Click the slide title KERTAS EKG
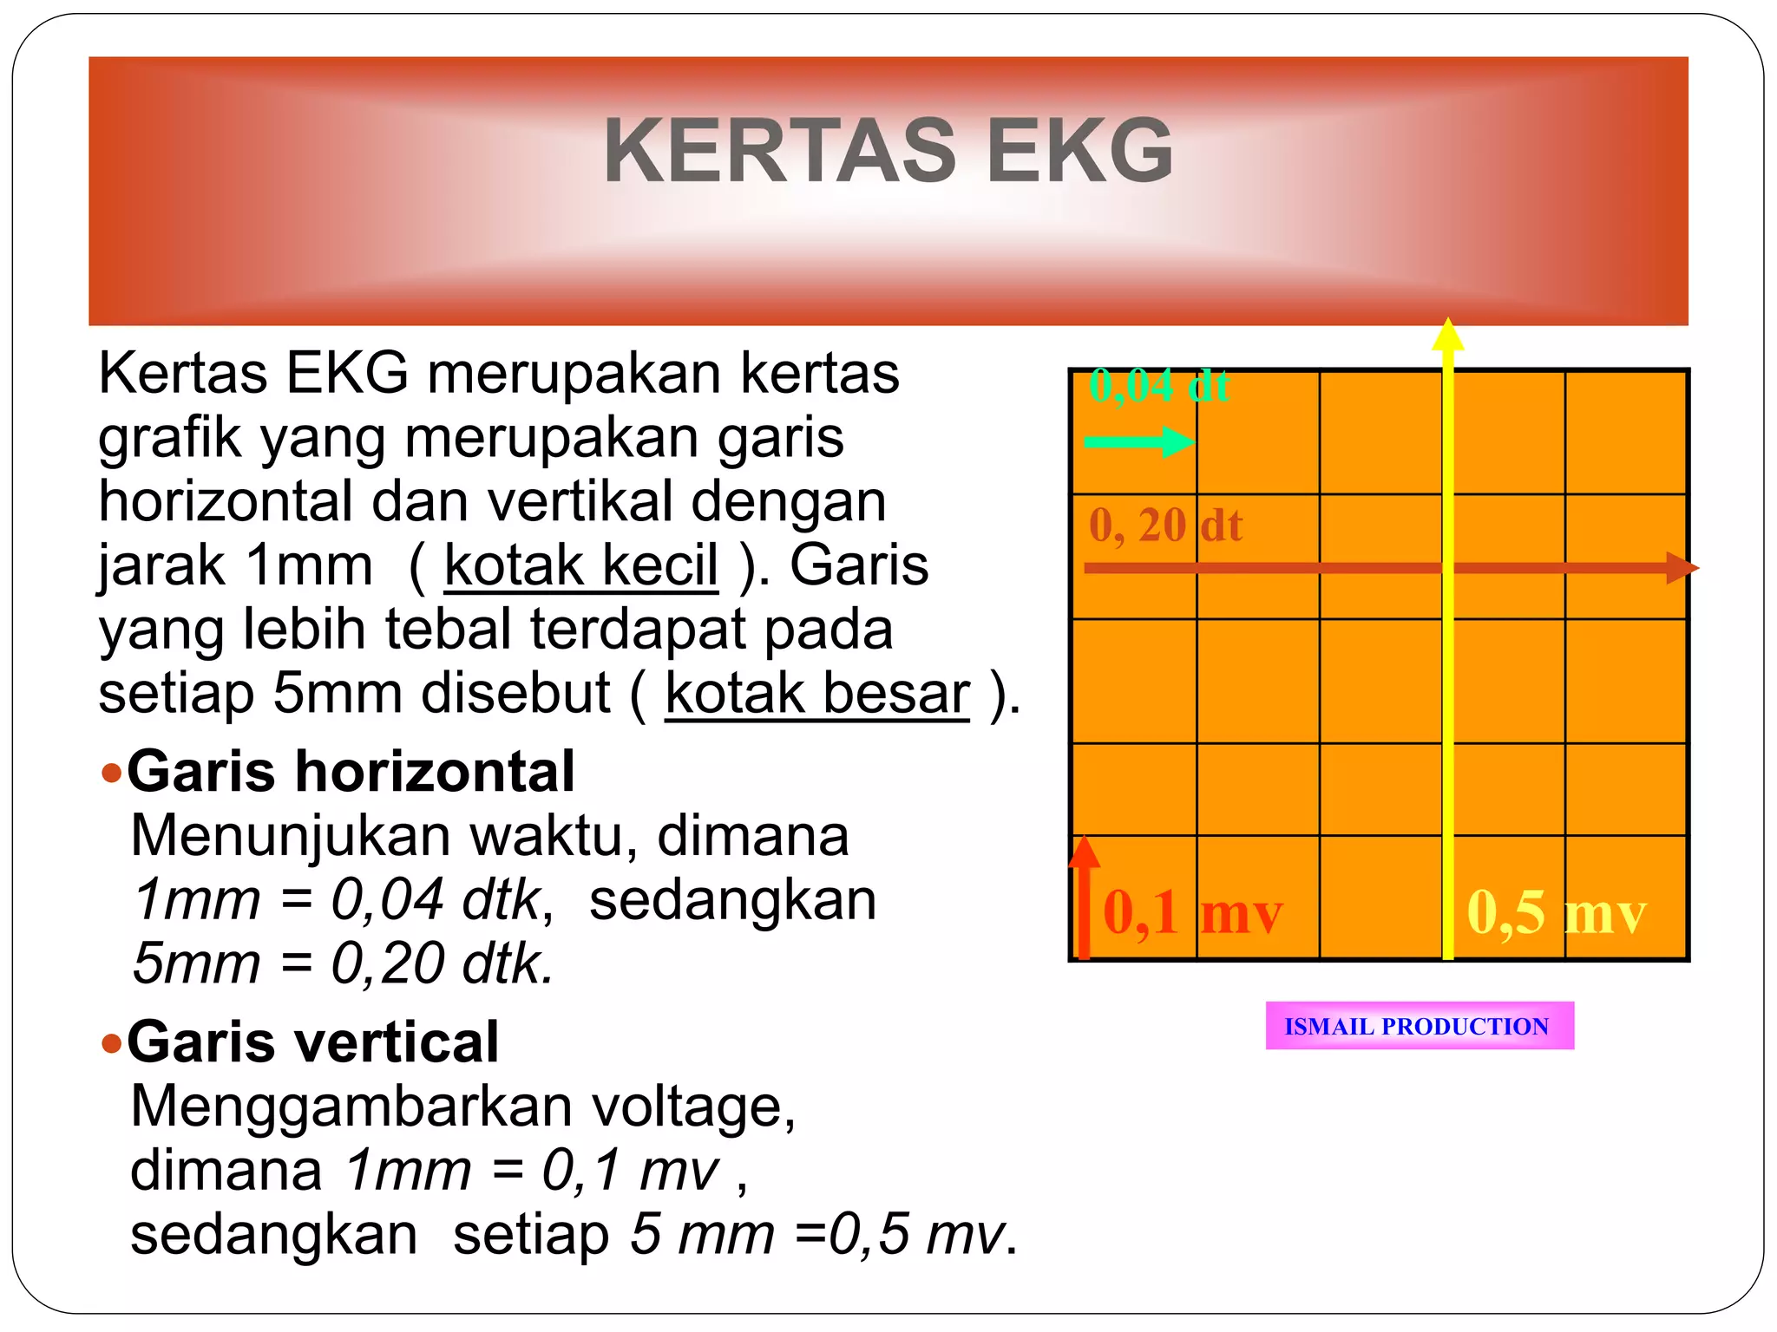pyautogui.click(x=888, y=152)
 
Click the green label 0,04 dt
pyautogui.click(x=1158, y=385)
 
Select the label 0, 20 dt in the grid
pyautogui.click(x=1165, y=526)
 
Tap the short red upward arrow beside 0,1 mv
pyautogui.click(x=1084, y=898)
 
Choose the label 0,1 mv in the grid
pyautogui.click(x=1192, y=913)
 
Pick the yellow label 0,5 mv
pyautogui.click(x=1556, y=913)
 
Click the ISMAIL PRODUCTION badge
pyautogui.click(x=1420, y=1026)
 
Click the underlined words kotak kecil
pyautogui.click(x=580, y=565)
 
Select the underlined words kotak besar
pyautogui.click(x=816, y=694)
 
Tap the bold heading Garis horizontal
pyautogui.click(x=351, y=771)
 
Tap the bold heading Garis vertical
pyautogui.click(x=312, y=1041)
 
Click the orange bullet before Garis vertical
pyautogui.click(x=111, y=1042)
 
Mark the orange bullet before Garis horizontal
pyautogui.click(x=111, y=772)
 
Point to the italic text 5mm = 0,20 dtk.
pyautogui.click(x=343, y=963)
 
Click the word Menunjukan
pyautogui.click(x=291, y=836)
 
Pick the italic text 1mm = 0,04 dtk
pyautogui.click(x=338, y=899)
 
